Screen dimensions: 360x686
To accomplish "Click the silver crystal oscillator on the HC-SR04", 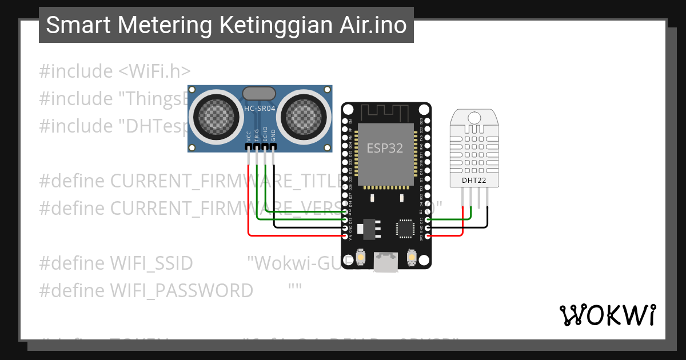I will tap(261, 93).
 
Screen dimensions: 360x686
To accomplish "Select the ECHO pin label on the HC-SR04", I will tap(265, 135).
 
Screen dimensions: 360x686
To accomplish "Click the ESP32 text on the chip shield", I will tap(385, 149).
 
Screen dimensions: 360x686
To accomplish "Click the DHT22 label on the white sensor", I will tap(474, 181).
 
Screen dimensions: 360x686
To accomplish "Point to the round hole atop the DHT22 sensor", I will tap(474, 117).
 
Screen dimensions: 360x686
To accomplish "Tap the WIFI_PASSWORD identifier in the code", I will tap(146, 291).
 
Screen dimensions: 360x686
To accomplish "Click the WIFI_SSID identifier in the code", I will tap(116, 263).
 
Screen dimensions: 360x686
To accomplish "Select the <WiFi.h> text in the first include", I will tap(154, 71).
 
